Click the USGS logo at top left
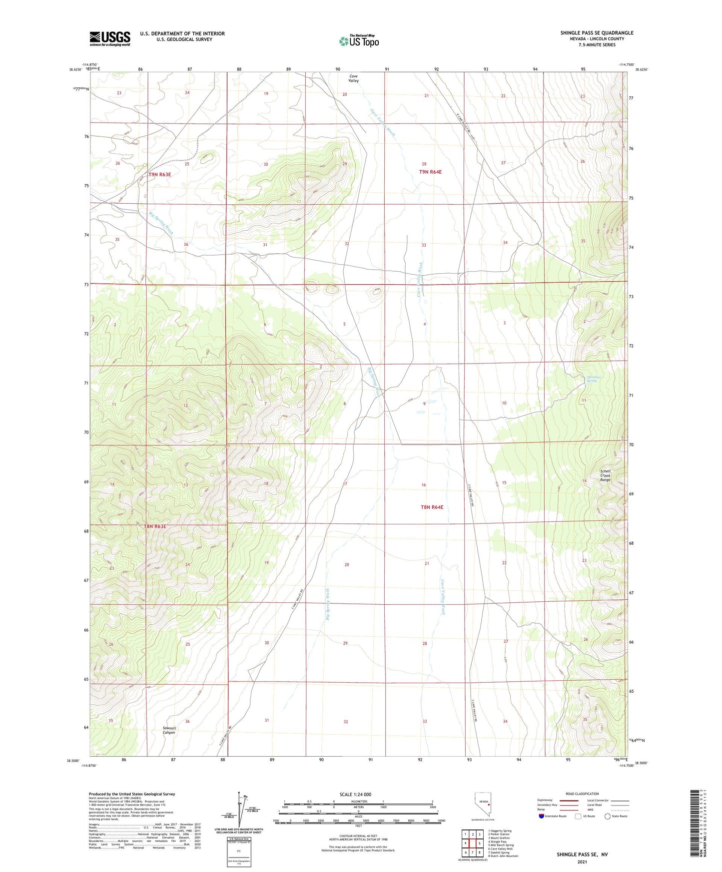[x=110, y=38]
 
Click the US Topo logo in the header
[x=359, y=41]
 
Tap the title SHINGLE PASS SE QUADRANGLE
[x=597, y=33]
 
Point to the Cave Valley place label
[x=353, y=78]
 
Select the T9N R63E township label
[x=160, y=175]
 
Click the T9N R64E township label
[x=430, y=172]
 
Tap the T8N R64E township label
[x=432, y=507]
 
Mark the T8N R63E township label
[x=155, y=526]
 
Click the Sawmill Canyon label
[x=169, y=730]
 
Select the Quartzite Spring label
[x=592, y=379]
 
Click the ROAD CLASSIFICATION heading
[x=582, y=794]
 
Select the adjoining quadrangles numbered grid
[x=472, y=844]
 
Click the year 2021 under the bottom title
[x=582, y=862]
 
